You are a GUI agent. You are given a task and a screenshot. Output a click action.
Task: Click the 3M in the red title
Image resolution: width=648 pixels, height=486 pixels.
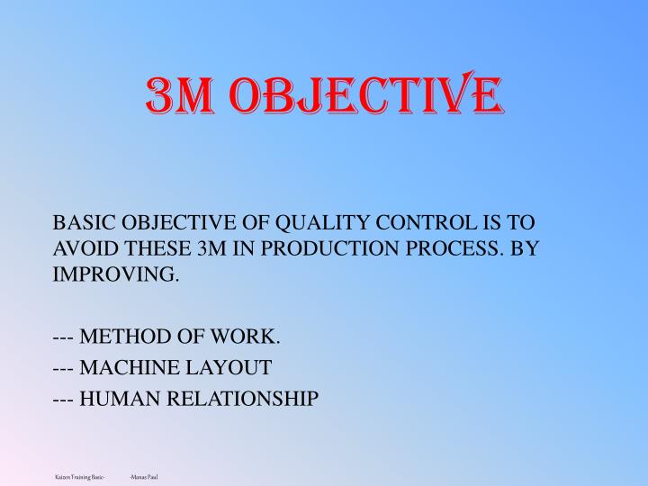point(176,96)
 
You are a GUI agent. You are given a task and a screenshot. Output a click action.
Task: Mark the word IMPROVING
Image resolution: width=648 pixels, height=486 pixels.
point(116,274)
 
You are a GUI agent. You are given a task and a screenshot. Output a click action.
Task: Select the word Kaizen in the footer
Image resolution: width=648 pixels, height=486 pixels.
point(63,475)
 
